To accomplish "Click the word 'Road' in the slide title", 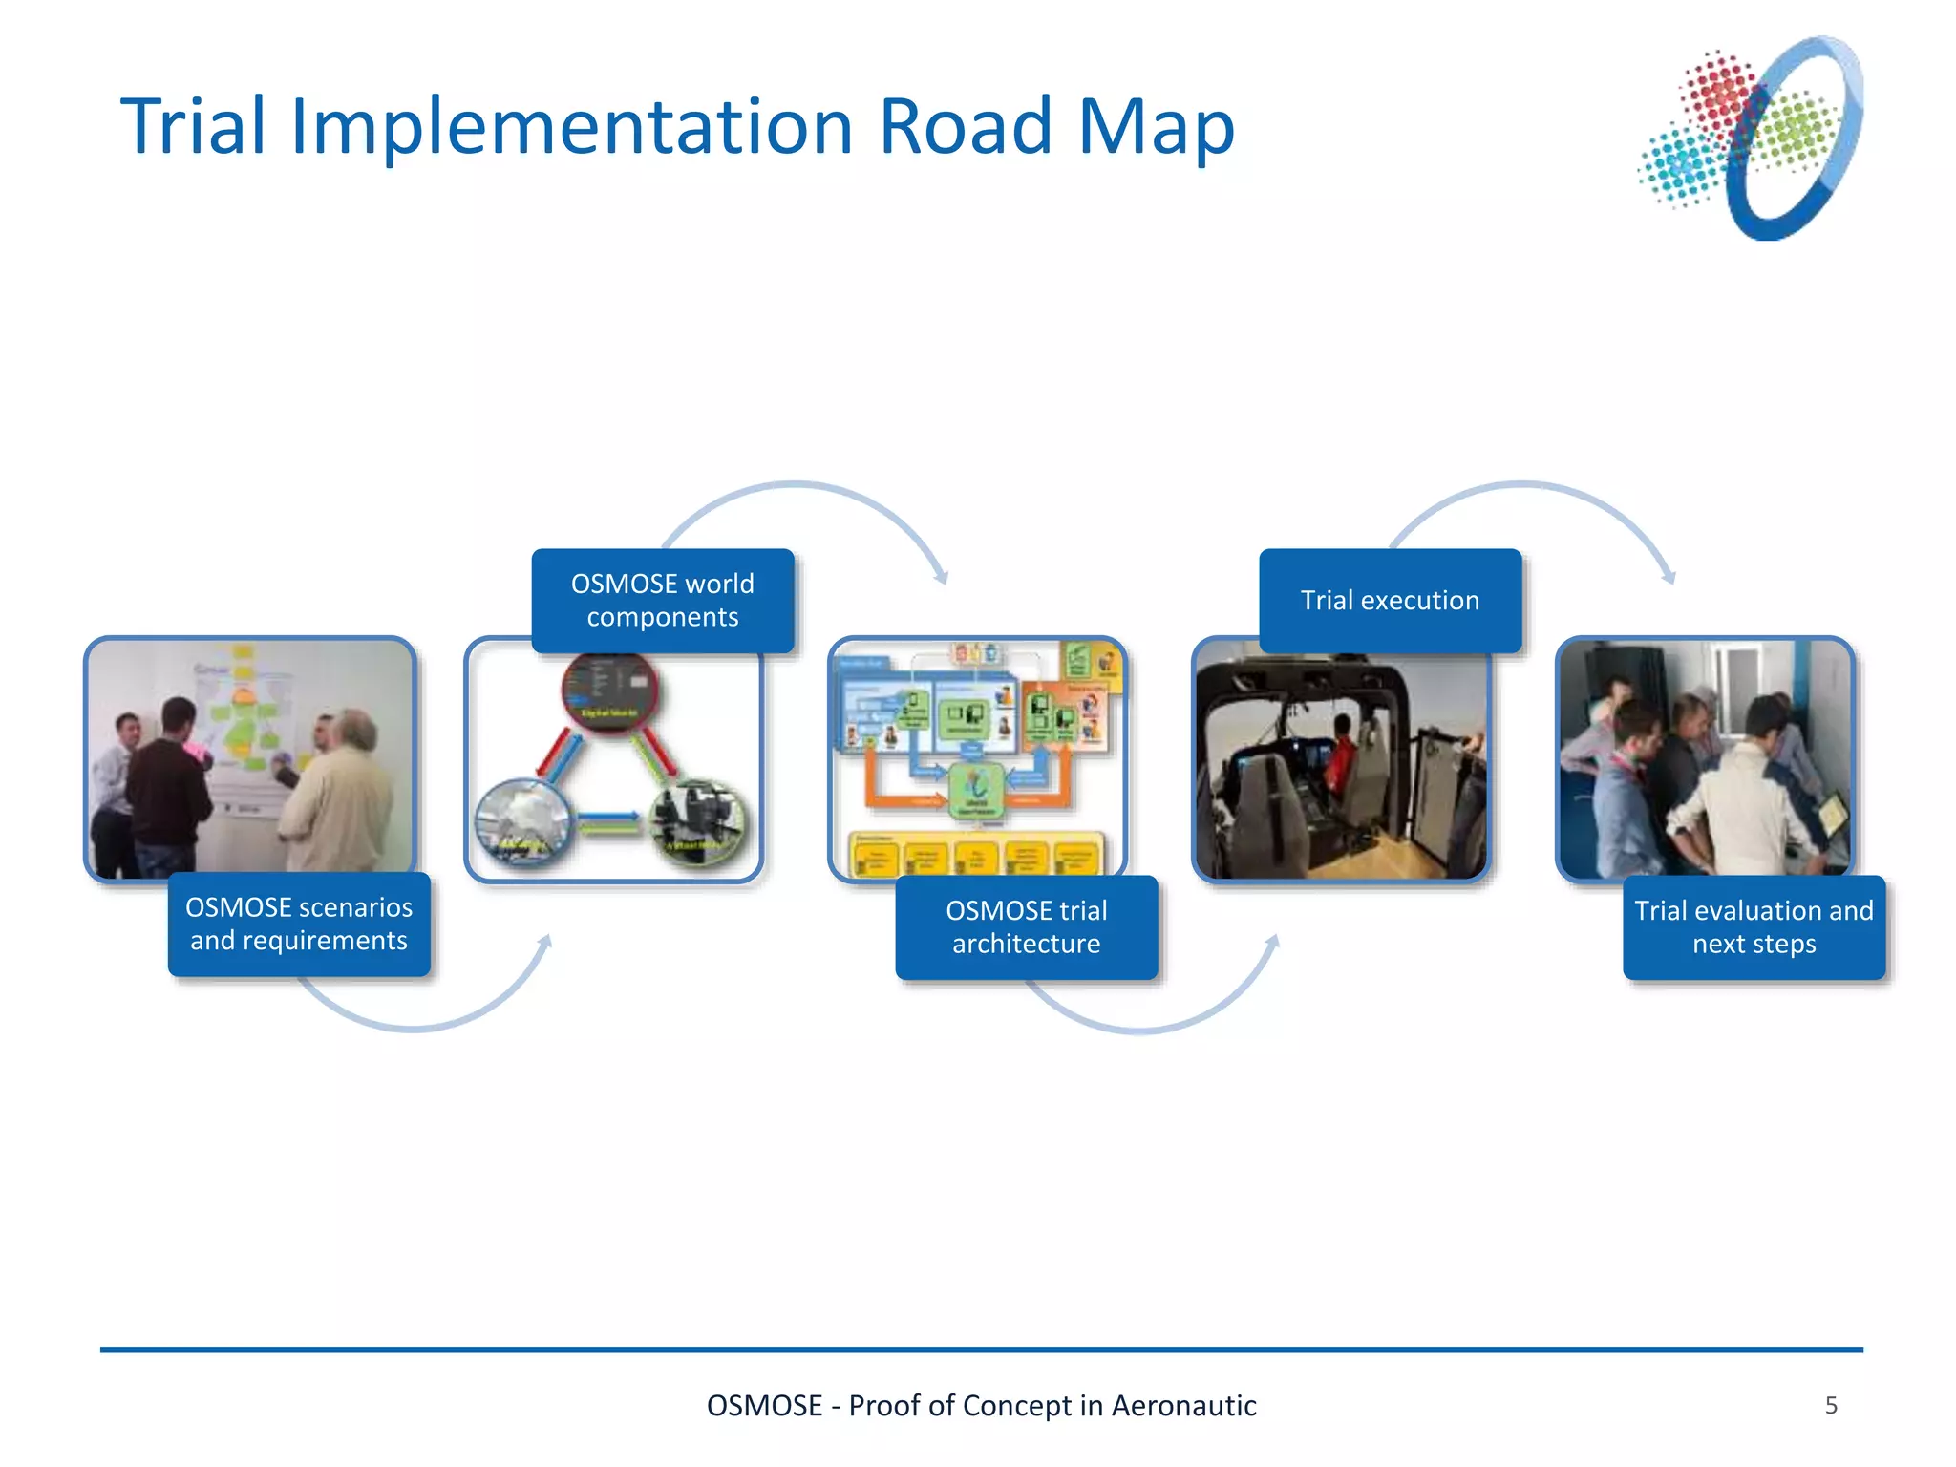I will (x=966, y=126).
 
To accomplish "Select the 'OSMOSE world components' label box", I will (x=662, y=600).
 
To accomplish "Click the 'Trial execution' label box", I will (x=1390, y=600).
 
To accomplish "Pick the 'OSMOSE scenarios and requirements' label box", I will (x=299, y=924).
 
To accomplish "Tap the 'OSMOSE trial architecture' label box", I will (x=1027, y=926).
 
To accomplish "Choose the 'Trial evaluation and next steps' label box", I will (x=1754, y=926).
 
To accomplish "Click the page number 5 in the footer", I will (x=1831, y=1405).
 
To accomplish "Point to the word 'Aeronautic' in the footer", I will (x=1183, y=1405).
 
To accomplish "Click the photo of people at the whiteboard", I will (x=250, y=759).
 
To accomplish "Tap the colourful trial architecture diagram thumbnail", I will (x=978, y=759).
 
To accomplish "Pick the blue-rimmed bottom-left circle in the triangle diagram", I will (x=521, y=820).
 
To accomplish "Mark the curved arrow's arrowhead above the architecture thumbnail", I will (x=942, y=577).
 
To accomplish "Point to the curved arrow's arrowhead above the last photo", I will (x=1669, y=577).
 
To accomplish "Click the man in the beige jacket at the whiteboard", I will (x=344, y=793).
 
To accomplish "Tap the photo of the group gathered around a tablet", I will (x=1706, y=759).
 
